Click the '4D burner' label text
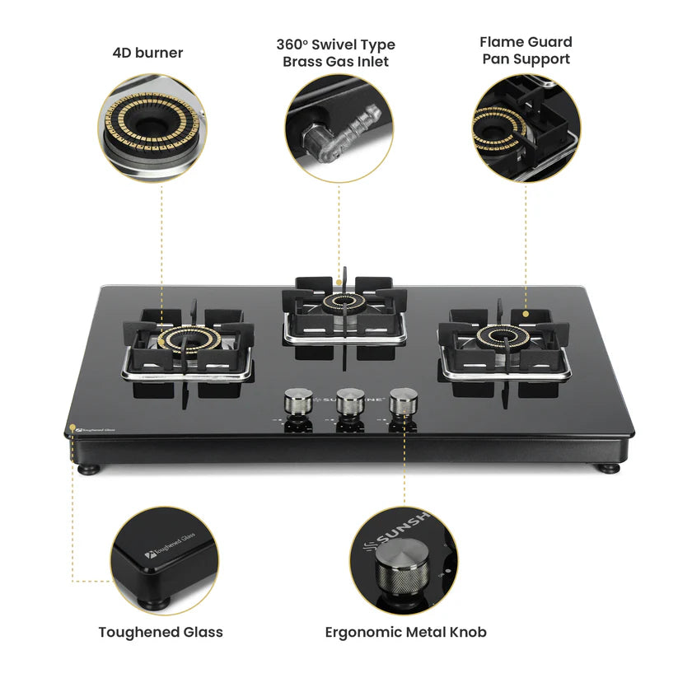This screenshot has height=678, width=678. point(147,53)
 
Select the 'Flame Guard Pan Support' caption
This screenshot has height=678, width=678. point(526,50)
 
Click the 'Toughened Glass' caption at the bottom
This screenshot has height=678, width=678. point(161,632)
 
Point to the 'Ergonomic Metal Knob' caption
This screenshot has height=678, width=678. point(405,632)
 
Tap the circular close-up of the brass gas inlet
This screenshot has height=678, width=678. point(339,129)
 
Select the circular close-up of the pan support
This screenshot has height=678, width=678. point(526,129)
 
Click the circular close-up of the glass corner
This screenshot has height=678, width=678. point(165,559)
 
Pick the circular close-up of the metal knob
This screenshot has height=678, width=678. point(404,559)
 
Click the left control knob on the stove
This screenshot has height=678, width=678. point(295,404)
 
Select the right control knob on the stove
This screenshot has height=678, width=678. point(401,403)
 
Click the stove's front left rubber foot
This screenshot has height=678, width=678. point(87,468)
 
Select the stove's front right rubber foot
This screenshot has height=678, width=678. point(609,467)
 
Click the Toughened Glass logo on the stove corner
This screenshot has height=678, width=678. point(92,429)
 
